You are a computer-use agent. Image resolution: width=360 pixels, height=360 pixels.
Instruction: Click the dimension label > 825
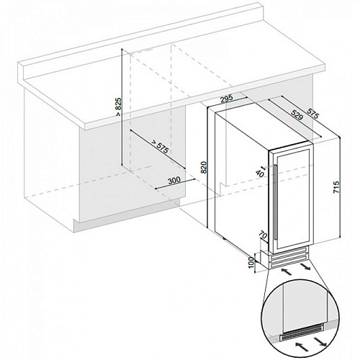(119, 107)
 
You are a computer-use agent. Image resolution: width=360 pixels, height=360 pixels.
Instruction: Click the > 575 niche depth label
(160, 147)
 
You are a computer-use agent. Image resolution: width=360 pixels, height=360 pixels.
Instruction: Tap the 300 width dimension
(174, 180)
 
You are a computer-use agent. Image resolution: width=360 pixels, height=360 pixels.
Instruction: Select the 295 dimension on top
(227, 99)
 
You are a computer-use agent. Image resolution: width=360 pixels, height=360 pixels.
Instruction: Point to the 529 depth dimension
(296, 114)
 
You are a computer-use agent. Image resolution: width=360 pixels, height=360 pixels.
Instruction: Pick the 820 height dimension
(204, 167)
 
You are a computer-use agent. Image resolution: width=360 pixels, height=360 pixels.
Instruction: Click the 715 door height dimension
(336, 187)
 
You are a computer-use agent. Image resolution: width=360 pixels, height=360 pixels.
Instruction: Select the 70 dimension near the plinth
(263, 235)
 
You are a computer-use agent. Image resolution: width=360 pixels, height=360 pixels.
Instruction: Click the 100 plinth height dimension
(251, 263)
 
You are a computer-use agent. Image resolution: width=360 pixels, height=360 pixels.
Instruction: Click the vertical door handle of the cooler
(275, 202)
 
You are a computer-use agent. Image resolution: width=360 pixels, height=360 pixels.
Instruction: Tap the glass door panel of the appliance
(292, 199)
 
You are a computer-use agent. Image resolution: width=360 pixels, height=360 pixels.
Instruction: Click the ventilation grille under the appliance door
(287, 260)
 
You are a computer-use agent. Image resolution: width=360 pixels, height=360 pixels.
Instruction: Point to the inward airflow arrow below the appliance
(287, 272)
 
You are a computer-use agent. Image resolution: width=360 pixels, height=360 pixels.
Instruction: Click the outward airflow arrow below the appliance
(305, 266)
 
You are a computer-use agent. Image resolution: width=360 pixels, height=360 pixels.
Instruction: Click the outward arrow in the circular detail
(320, 341)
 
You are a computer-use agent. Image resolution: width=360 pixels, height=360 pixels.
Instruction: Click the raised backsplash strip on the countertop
(141, 41)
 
